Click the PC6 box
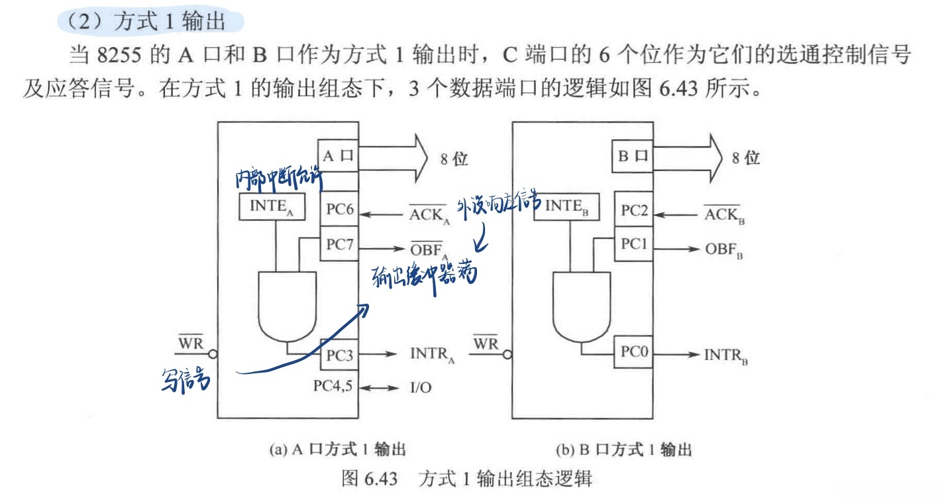[339, 210]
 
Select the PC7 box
[339, 243]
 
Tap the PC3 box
[339, 355]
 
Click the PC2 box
[633, 210]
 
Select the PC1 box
[633, 243]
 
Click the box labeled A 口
[338, 156]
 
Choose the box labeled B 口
[633, 157]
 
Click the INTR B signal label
[726, 354]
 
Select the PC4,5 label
[335, 386]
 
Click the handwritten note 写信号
[186, 379]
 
